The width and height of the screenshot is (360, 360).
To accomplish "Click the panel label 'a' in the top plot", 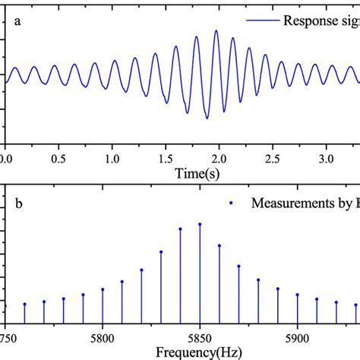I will [17, 21].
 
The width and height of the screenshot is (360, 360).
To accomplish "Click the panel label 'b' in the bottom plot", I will [17, 204].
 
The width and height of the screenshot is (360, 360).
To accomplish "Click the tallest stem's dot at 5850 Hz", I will [200, 224].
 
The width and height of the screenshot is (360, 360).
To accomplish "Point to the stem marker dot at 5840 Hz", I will [181, 229].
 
